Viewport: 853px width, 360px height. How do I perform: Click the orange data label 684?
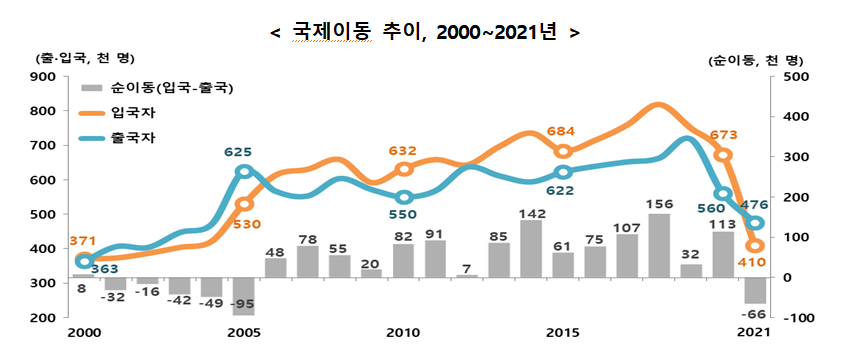tap(562, 132)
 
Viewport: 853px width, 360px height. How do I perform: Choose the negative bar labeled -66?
tap(755, 290)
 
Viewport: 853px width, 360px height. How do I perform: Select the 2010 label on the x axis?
tap(403, 330)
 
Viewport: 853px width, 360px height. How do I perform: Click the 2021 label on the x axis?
tap(755, 330)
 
